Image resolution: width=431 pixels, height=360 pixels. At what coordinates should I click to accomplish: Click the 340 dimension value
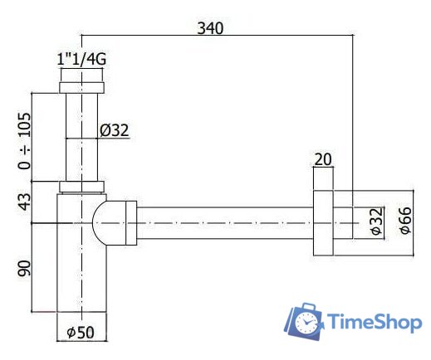tap(210, 27)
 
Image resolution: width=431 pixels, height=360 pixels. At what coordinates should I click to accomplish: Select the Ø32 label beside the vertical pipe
tap(114, 129)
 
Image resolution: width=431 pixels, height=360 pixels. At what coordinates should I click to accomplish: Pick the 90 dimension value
tap(24, 270)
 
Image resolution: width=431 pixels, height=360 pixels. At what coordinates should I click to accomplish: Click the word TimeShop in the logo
tap(375, 323)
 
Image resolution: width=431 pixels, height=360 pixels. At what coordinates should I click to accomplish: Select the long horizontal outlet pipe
tap(224, 222)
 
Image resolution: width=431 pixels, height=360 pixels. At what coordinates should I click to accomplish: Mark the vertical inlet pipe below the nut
tap(81, 133)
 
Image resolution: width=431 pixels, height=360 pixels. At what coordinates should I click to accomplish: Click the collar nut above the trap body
tap(81, 187)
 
